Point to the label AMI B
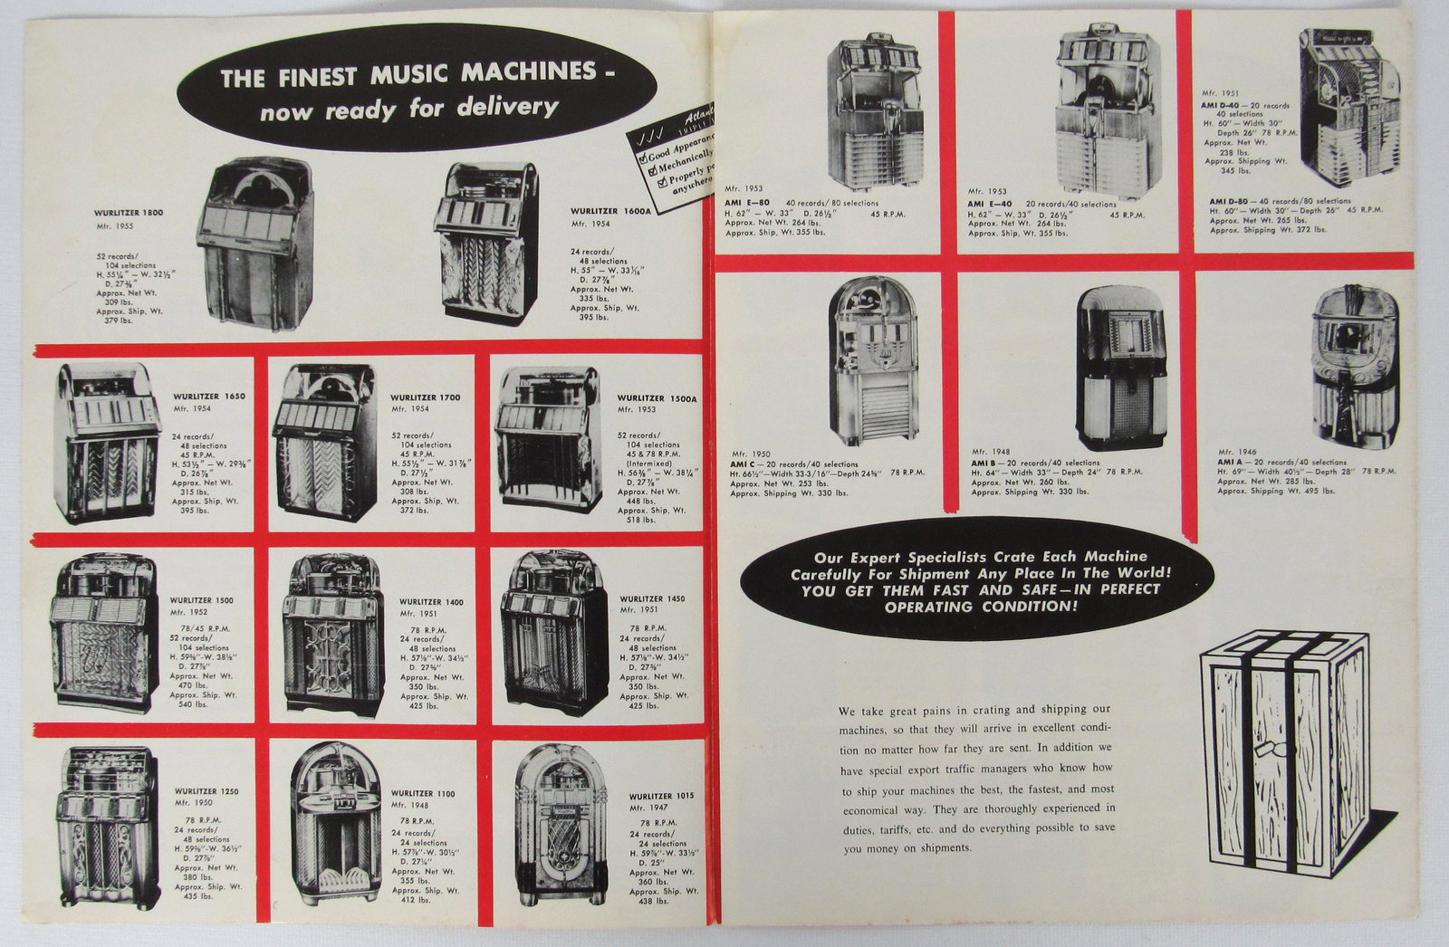click(x=986, y=462)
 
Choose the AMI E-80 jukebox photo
click(x=874, y=109)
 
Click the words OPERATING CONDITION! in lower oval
click(x=975, y=607)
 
